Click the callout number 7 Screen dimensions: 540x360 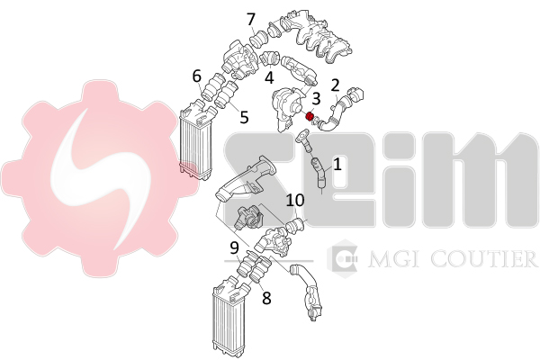(x=251, y=19)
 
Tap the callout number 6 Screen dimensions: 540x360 (x=196, y=76)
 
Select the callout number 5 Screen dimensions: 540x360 (x=244, y=117)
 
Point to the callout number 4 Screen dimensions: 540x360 (x=269, y=77)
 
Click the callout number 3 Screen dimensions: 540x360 (x=316, y=98)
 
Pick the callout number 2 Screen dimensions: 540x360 (x=335, y=85)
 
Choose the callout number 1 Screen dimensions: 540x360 (x=337, y=164)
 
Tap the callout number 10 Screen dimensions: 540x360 (x=295, y=200)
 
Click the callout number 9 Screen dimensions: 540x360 (x=234, y=247)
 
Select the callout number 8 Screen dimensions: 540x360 (x=266, y=298)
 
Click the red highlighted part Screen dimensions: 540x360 (x=310, y=116)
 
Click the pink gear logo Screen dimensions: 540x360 (x=100, y=177)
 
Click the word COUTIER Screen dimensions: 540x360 (x=484, y=259)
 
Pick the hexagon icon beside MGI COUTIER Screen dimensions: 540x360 (x=342, y=257)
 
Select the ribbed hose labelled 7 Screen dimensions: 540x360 (x=258, y=39)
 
